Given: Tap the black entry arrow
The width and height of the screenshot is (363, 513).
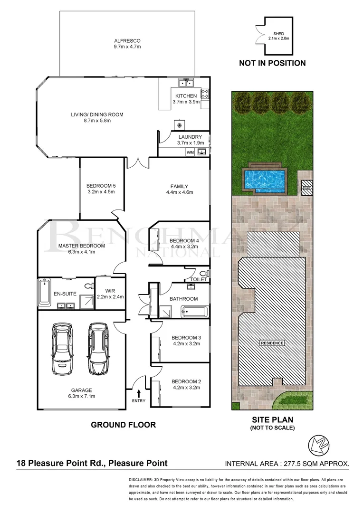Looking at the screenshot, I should (139, 393).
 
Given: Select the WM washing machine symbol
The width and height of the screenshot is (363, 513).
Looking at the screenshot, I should (190, 152).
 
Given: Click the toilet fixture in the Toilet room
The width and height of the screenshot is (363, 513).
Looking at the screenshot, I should (203, 274).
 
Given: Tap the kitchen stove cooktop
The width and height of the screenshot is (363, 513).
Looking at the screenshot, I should (205, 94).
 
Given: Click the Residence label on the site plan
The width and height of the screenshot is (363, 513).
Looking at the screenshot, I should (272, 343).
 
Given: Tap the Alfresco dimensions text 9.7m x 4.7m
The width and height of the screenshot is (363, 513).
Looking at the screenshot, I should (127, 47).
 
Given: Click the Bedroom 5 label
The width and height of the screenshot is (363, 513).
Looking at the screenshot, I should (101, 186).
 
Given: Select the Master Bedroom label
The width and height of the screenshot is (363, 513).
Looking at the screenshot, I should (75, 246).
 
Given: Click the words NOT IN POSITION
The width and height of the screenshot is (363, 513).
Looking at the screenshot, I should (272, 63).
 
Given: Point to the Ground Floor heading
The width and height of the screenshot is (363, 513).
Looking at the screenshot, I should (123, 425).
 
